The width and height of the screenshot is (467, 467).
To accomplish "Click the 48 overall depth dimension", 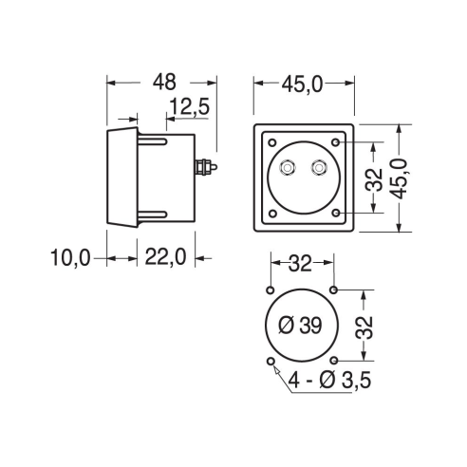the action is tap(164, 82).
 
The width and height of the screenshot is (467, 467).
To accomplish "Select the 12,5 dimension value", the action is tap(190, 106).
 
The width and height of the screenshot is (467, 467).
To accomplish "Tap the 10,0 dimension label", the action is tap(70, 257).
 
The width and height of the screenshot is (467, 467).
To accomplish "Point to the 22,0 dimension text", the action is tap(165, 256).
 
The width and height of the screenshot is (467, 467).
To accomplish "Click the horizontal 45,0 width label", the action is tap(302, 84).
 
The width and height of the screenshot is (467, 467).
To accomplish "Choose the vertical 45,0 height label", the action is tap(401, 178).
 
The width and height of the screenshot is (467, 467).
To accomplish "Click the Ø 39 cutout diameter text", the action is tap(301, 326).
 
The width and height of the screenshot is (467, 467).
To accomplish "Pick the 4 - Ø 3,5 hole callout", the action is tap(329, 380).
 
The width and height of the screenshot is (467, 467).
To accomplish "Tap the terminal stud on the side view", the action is tap(206, 167).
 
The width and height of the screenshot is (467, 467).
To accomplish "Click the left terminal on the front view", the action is tap(288, 168).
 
